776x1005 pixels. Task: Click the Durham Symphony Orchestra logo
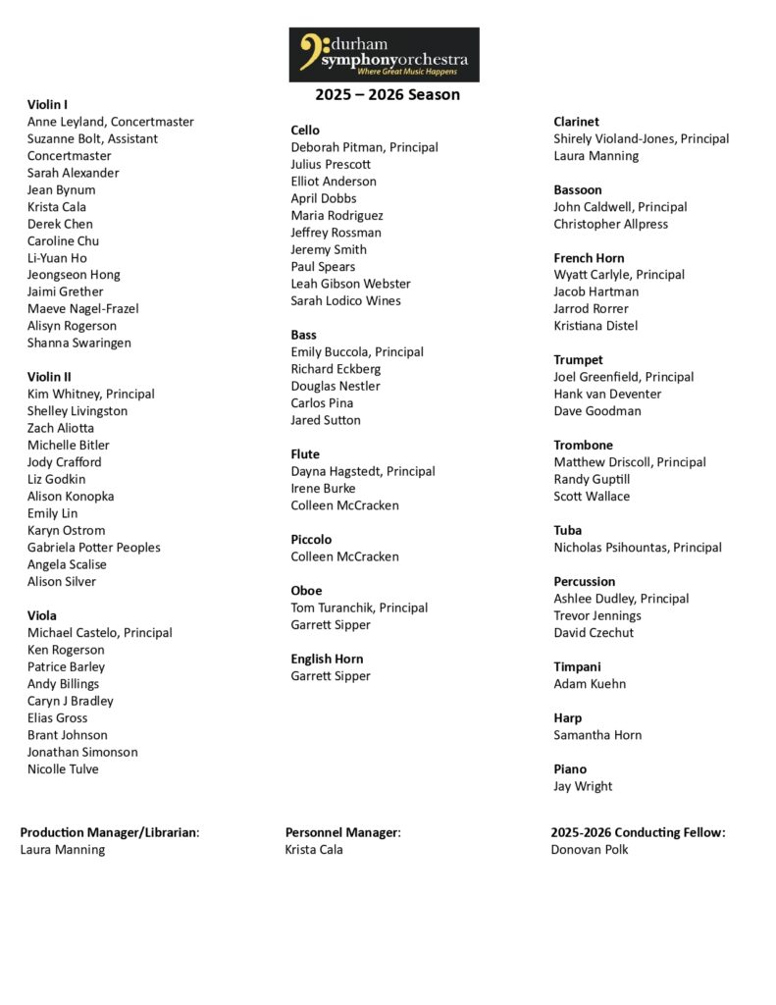click(384, 54)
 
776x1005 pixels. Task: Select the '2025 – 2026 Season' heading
click(387, 95)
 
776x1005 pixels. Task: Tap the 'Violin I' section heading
click(47, 104)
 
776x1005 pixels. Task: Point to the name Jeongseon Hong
click(74, 275)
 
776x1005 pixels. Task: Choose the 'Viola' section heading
click(42, 615)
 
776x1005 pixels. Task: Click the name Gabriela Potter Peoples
click(93, 548)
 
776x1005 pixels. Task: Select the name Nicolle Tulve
click(63, 769)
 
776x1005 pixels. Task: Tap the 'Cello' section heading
click(305, 130)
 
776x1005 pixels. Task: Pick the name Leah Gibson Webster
click(350, 284)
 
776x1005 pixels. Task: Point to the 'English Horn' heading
click(327, 659)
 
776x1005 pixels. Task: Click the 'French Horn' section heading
click(589, 258)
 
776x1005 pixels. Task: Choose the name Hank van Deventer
click(607, 394)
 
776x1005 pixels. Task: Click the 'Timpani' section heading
click(577, 666)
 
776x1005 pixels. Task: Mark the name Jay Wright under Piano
click(583, 786)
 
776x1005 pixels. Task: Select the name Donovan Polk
click(590, 849)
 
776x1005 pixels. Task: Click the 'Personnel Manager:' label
click(343, 832)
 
